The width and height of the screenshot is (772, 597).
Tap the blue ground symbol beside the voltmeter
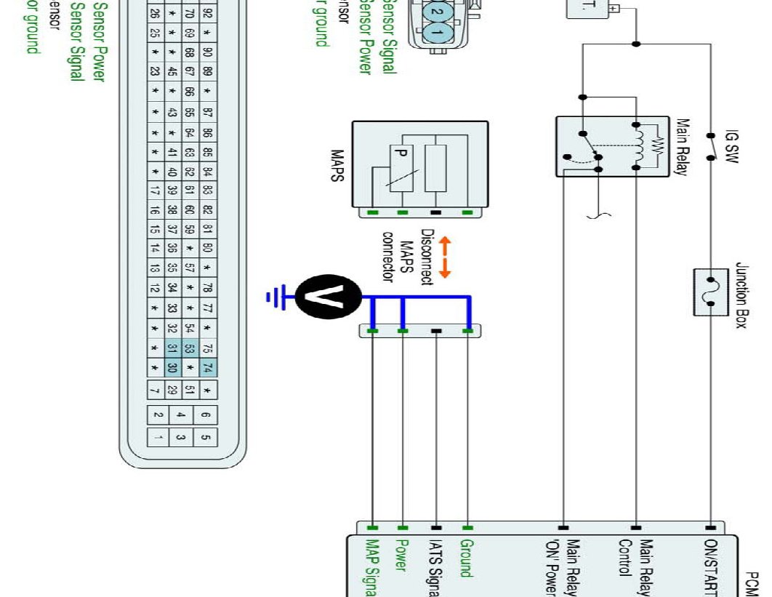pos(275,297)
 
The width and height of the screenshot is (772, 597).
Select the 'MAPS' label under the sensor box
pos(337,167)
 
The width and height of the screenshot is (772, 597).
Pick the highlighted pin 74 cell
pos(207,368)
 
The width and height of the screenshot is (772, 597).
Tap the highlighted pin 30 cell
pos(173,368)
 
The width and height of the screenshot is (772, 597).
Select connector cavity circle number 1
pos(437,32)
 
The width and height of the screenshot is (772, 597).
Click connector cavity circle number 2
pos(437,12)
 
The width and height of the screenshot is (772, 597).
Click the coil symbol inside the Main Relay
pos(640,146)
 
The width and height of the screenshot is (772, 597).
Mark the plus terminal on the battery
pos(614,8)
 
